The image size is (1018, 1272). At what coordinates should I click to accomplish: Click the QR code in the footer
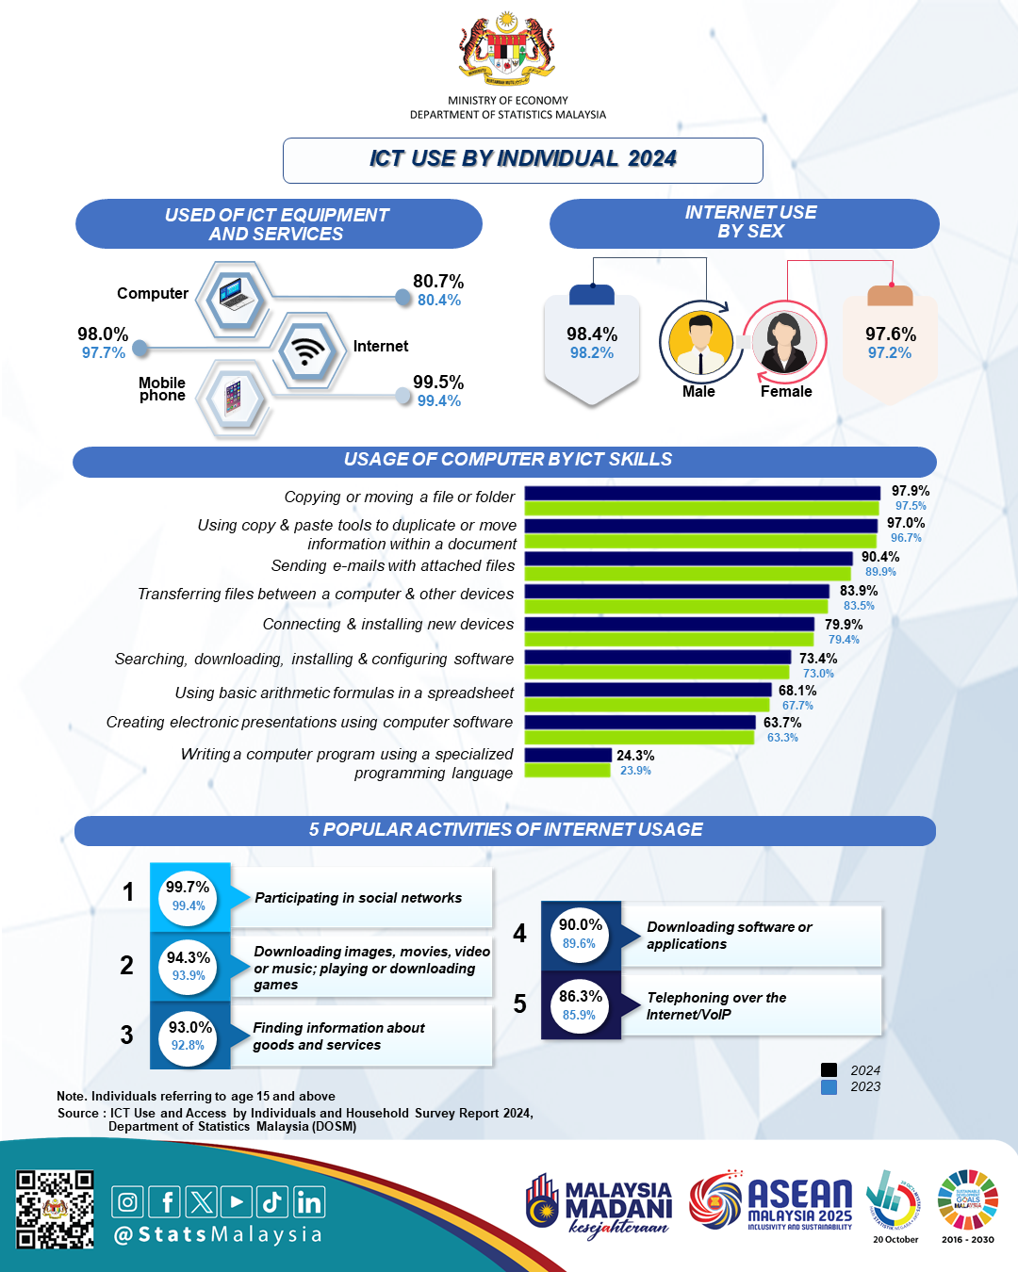click(55, 1209)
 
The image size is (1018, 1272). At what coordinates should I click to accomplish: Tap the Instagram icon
click(128, 1202)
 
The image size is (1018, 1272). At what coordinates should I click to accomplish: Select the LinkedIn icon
click(309, 1202)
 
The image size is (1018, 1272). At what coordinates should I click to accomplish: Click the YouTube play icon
click(237, 1202)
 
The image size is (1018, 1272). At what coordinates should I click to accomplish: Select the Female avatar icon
click(784, 341)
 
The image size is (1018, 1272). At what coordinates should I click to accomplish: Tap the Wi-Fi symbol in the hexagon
click(305, 351)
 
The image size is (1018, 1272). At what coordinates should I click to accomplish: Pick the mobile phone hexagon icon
click(233, 397)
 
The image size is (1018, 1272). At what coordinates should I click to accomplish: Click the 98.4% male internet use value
click(592, 334)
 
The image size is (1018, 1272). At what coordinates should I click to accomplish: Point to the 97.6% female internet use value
click(891, 334)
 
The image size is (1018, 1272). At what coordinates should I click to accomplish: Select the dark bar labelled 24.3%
click(568, 755)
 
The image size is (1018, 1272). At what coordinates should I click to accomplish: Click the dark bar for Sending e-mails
click(688, 558)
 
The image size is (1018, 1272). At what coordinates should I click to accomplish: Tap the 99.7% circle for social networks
click(189, 896)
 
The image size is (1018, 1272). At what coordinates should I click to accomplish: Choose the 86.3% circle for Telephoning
click(580, 1005)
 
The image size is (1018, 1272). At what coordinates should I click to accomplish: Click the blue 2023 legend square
click(829, 1087)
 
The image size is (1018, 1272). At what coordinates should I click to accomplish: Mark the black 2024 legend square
click(829, 1070)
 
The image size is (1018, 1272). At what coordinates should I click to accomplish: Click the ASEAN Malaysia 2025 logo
click(771, 1201)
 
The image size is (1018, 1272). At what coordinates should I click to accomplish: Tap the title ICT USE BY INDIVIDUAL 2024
click(523, 159)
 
